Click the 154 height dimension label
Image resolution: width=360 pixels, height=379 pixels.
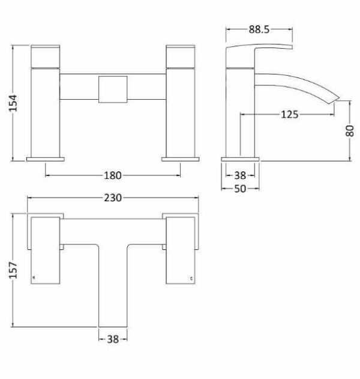click(x=13, y=103)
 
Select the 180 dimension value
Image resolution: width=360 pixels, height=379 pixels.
click(x=113, y=175)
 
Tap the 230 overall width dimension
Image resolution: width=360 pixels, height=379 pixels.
click(x=113, y=198)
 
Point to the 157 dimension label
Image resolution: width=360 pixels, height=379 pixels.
click(x=13, y=270)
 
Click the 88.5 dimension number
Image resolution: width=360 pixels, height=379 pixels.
click(x=259, y=29)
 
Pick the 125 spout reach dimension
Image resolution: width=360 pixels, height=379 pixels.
click(x=289, y=115)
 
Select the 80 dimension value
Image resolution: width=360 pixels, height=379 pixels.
click(x=350, y=131)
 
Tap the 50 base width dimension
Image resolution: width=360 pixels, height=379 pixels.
click(x=240, y=189)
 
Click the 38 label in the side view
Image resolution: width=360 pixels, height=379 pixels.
click(x=240, y=175)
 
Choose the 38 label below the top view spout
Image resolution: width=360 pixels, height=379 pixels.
click(x=113, y=339)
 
